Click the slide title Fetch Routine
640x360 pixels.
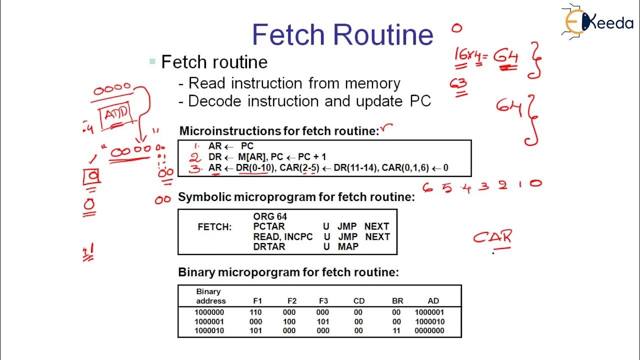pos(342,34)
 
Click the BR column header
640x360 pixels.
pos(397,301)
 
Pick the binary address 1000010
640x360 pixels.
pos(210,330)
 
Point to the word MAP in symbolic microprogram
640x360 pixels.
pos(348,246)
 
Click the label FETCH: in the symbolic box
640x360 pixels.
pos(214,227)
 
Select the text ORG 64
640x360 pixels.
pos(270,217)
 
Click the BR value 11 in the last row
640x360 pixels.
pos(397,330)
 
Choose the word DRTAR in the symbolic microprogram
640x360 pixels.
pos(269,246)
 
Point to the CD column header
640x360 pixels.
pos(359,301)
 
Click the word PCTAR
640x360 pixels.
pos(269,226)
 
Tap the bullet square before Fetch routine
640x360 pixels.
pos(152,62)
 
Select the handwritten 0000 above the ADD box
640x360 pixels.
pos(112,88)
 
